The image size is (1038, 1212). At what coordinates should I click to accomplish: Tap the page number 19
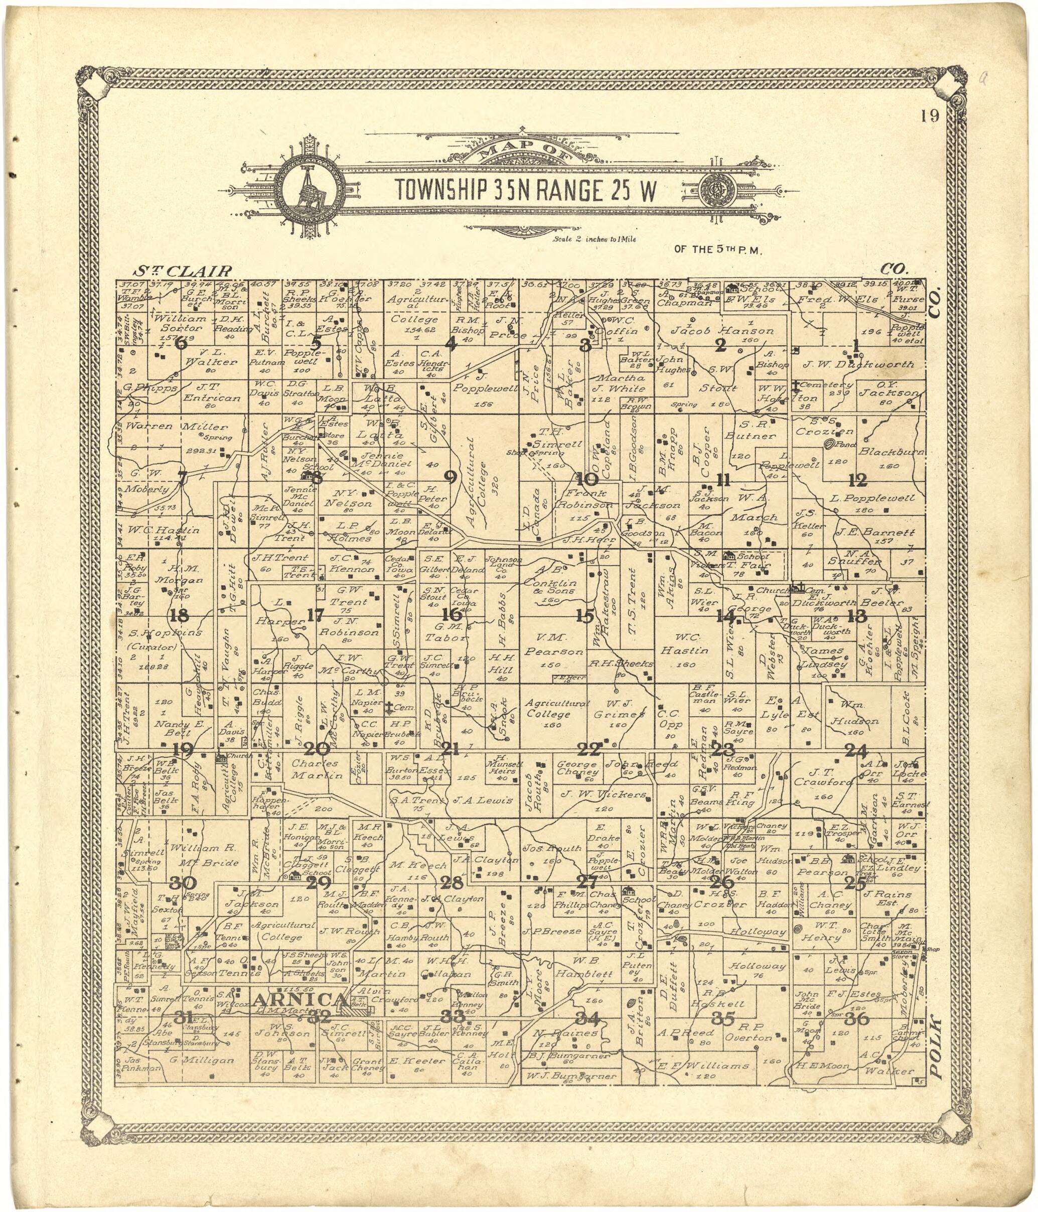tap(929, 116)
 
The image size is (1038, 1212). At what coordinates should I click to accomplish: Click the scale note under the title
tap(594, 239)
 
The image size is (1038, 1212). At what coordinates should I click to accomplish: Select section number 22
tap(588, 749)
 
